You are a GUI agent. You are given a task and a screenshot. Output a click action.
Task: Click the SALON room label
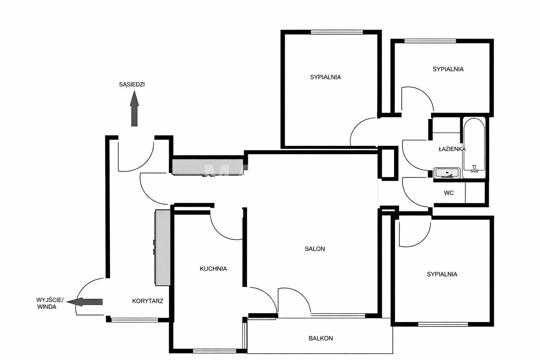point(315,249)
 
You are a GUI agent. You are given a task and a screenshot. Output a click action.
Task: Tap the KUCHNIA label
point(213,269)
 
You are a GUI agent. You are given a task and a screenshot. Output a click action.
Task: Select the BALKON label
point(321,338)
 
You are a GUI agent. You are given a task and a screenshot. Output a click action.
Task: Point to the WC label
point(449,193)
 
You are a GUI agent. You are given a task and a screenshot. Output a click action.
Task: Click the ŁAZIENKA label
point(452,149)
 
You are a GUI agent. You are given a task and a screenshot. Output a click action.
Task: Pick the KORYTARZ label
point(147,301)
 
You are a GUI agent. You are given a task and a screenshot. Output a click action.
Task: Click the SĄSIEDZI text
point(132,84)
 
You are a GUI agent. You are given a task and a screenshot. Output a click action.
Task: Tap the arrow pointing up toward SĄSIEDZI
point(134,108)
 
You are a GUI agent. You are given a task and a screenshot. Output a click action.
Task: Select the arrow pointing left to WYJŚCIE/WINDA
point(84,302)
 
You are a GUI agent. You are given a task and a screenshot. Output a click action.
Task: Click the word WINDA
point(47,307)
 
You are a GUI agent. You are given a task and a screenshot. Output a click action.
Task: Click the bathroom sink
point(447,173)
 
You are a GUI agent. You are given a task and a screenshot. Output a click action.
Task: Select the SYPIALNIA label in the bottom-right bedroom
point(442,274)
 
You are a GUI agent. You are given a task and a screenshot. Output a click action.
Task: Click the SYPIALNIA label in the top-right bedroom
point(448,69)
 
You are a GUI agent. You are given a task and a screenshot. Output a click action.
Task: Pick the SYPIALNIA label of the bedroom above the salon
point(325,77)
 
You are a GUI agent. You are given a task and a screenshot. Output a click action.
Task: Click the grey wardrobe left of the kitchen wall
point(162,248)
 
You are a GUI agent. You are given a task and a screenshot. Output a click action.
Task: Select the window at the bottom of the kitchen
point(215,351)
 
